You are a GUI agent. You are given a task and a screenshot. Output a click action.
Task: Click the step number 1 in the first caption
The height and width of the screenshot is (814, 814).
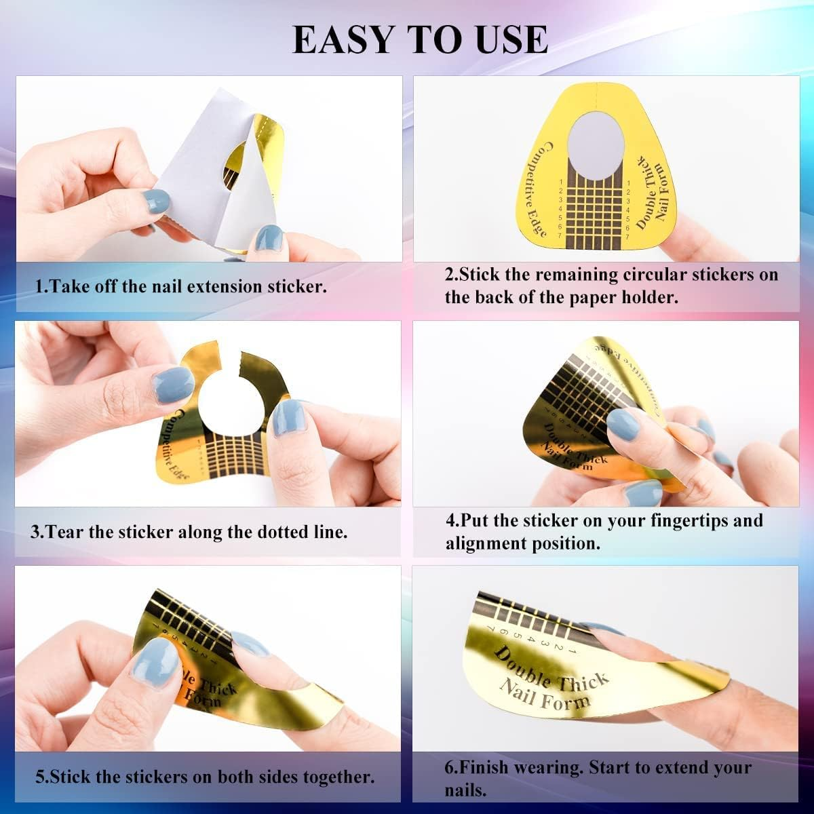[39, 286]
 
